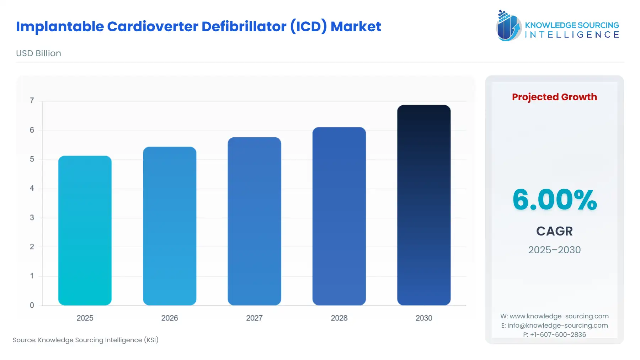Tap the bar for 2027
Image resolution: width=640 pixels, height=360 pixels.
click(x=254, y=221)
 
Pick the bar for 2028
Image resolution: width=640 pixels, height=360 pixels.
click(x=339, y=216)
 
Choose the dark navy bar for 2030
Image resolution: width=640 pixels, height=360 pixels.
click(x=424, y=205)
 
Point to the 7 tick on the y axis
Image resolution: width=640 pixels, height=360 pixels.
click(x=32, y=101)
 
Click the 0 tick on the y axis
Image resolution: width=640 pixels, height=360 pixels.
click(x=32, y=305)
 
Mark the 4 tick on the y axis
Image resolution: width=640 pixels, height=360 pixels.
click(x=32, y=188)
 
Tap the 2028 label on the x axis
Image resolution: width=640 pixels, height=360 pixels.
click(x=339, y=318)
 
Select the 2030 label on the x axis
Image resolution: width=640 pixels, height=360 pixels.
click(x=424, y=318)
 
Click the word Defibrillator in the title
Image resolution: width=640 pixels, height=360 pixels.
click(x=244, y=27)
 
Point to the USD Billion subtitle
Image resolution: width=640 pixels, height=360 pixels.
click(x=38, y=53)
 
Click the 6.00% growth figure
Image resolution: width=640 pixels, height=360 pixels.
click(x=554, y=200)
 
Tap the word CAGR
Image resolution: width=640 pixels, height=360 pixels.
click(x=554, y=231)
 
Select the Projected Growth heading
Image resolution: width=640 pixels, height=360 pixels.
click(x=554, y=97)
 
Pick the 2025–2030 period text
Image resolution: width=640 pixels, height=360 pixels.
click(x=554, y=250)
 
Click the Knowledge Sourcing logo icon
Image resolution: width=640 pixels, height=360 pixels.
click(x=508, y=26)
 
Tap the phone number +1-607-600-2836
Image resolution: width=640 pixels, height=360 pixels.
click(x=558, y=335)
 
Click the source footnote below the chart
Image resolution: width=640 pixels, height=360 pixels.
click(x=86, y=340)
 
